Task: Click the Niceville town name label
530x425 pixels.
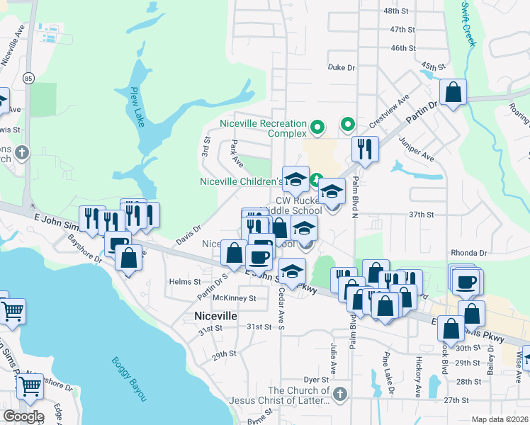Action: [215, 316]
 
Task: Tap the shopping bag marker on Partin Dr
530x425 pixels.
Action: [453, 92]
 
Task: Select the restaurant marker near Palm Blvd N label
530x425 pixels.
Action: [365, 149]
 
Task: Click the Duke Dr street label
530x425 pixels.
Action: [341, 67]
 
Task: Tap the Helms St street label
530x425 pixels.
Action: [186, 281]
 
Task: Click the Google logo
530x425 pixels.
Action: [23, 416]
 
